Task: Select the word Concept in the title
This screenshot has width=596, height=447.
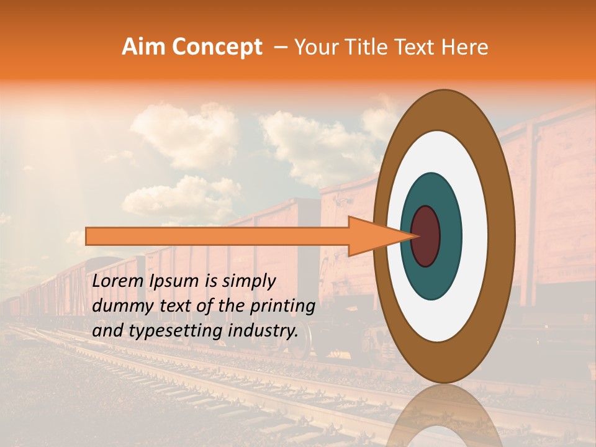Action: (217, 48)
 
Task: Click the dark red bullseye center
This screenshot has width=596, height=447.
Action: (426, 237)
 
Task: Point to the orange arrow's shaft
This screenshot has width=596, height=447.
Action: (217, 237)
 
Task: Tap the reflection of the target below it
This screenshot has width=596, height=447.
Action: (444, 416)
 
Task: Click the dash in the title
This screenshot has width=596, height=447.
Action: (281, 48)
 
